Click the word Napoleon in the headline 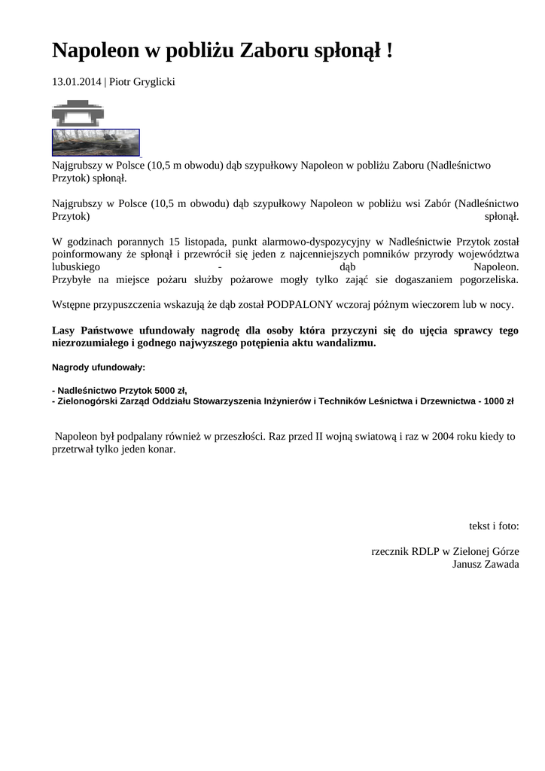click(x=96, y=51)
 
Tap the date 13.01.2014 click(x=76, y=81)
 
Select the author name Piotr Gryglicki click(x=142, y=81)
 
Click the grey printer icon click(x=78, y=113)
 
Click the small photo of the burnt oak click(x=96, y=142)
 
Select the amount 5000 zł click(x=169, y=390)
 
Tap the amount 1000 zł click(x=499, y=401)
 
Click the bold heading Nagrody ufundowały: click(x=99, y=367)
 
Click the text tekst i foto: click(x=494, y=526)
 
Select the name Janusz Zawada click(x=486, y=564)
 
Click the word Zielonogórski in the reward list click(x=89, y=401)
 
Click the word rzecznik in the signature click(x=389, y=551)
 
